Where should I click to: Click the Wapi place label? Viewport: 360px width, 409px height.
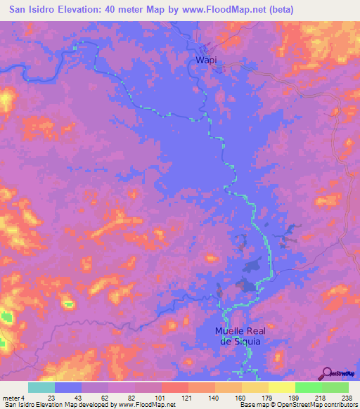pyautogui.click(x=205, y=61)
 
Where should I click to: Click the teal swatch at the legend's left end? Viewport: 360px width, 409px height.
pyautogui.click(x=41, y=387)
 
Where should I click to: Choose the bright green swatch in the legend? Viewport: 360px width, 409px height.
pyautogui.click(x=308, y=387)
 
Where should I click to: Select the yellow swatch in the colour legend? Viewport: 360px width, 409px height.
pyautogui.click(x=281, y=387)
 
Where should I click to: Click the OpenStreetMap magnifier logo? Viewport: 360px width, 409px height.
pyautogui.click(x=326, y=373)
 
